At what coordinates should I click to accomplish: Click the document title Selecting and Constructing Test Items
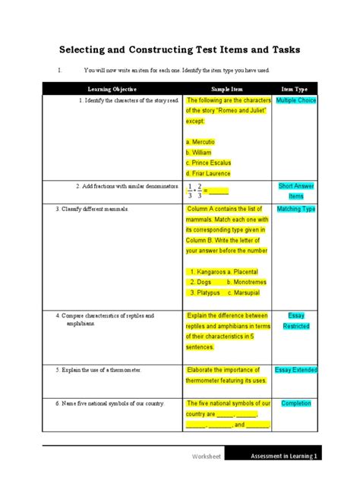click(x=179, y=50)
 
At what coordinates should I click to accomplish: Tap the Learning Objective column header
click(x=112, y=89)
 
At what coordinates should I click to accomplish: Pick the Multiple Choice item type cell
click(x=295, y=100)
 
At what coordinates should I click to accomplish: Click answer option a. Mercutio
click(x=201, y=141)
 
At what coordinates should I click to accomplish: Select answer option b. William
click(x=198, y=152)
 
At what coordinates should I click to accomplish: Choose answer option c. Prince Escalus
click(x=208, y=163)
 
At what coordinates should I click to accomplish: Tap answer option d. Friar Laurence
click(x=208, y=173)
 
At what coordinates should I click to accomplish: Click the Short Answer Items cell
click(x=295, y=191)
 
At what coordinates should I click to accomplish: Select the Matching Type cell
click(x=295, y=209)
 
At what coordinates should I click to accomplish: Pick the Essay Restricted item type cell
click(x=295, y=321)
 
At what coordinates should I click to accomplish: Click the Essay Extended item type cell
click(x=295, y=370)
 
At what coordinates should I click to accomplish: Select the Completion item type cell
click(x=295, y=403)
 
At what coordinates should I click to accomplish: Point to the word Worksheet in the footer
click(x=207, y=456)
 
